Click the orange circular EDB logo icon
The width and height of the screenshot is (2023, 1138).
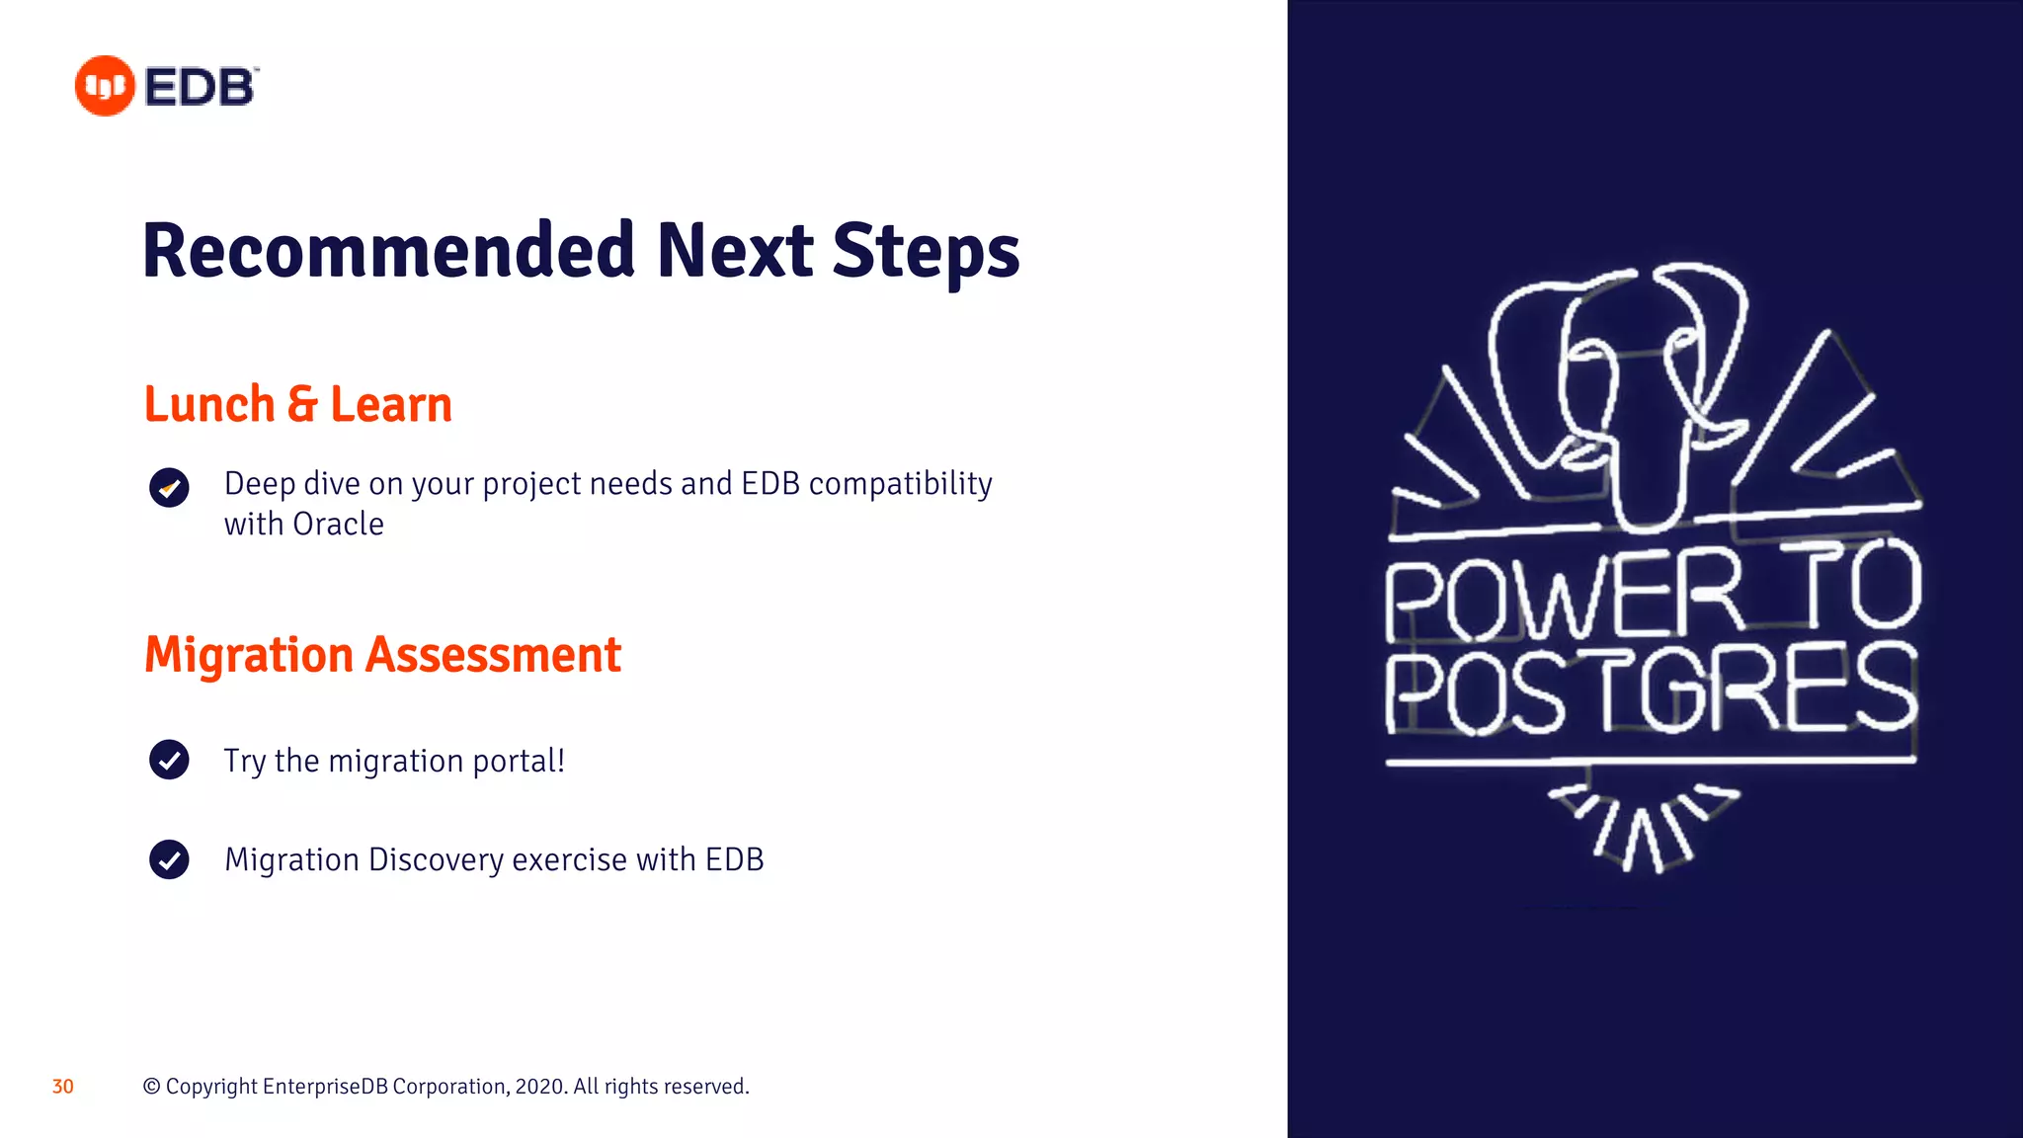(105, 86)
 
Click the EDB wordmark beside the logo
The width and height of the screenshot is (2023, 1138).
(201, 87)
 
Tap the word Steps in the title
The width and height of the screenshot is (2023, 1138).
(926, 253)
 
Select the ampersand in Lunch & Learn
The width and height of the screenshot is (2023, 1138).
(302, 405)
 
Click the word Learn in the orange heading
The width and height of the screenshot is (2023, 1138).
(391, 405)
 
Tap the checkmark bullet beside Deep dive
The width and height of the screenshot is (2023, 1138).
(169, 487)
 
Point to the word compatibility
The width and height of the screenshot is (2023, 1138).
(900, 484)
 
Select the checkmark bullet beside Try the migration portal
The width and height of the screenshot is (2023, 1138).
(169, 760)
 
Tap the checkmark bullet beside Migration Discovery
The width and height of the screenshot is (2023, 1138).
(169, 858)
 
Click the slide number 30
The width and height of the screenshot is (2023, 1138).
(63, 1087)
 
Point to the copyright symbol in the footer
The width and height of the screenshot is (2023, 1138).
(152, 1087)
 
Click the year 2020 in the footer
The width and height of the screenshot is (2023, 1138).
(538, 1087)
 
